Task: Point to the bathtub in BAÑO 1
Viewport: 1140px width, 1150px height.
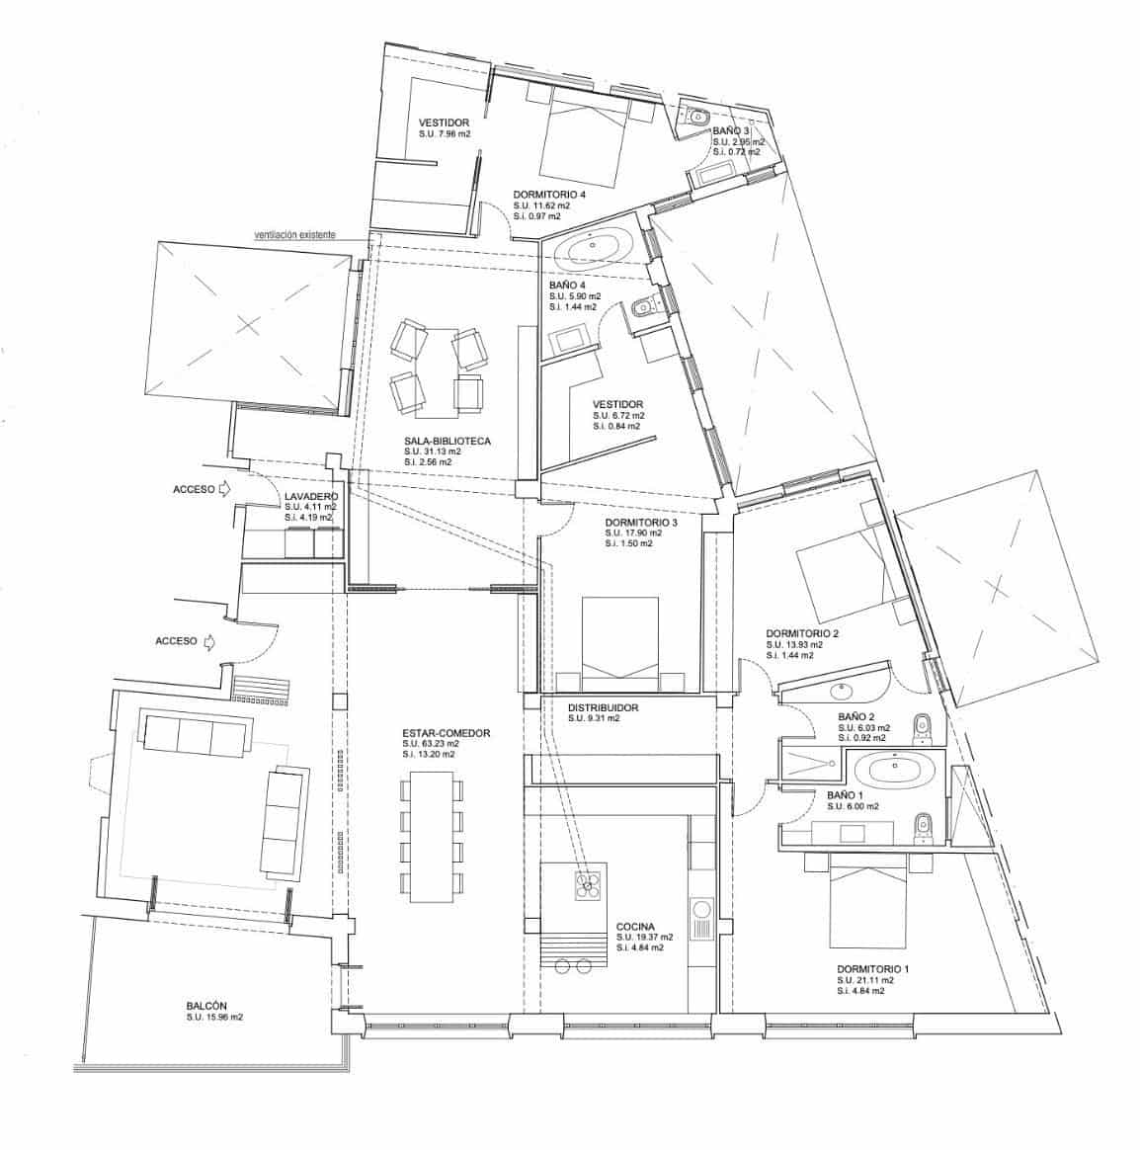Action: point(893,770)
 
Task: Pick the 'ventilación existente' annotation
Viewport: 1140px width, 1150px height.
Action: point(294,235)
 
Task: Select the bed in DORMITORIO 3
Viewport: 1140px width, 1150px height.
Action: point(620,643)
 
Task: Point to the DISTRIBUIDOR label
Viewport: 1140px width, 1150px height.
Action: point(603,707)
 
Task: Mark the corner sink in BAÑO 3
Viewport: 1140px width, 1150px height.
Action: point(694,115)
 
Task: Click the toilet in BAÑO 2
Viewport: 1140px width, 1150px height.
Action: point(923,726)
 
